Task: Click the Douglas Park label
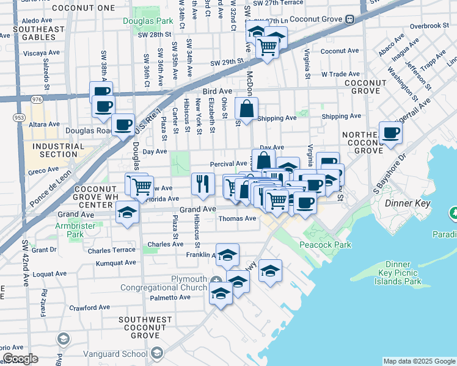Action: tap(147, 21)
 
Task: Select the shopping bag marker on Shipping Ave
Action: tap(246, 110)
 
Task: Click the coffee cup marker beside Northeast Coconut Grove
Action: tap(390, 132)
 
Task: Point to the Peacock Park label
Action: tap(326, 245)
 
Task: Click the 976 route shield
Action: tap(35, 99)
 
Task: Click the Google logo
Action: tap(20, 358)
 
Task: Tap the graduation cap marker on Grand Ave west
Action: tap(127, 213)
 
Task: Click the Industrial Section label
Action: tap(59, 150)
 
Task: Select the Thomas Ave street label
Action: tap(237, 218)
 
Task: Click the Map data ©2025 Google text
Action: tap(419, 361)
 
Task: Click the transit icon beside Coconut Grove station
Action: tap(349, 18)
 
